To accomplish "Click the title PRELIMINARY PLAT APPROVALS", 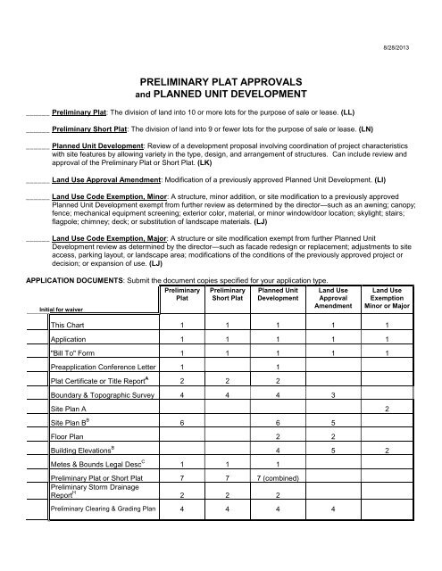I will click(x=221, y=79).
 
